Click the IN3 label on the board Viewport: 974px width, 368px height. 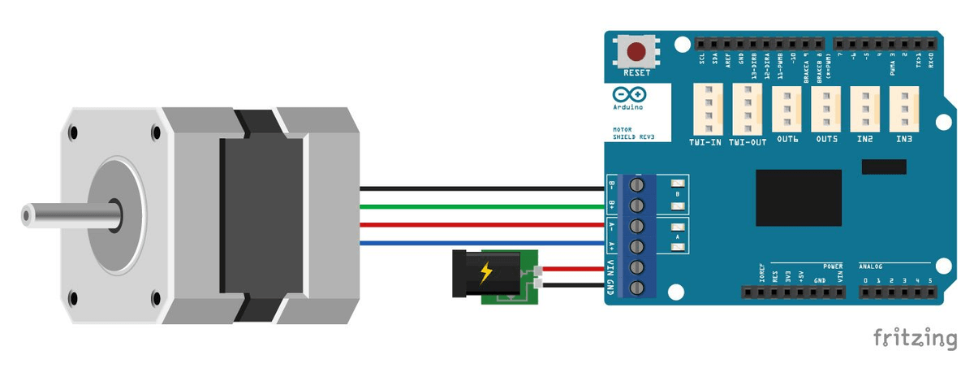click(904, 140)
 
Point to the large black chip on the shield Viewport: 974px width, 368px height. click(799, 197)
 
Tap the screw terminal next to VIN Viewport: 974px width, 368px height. click(637, 266)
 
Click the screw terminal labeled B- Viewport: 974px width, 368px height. click(637, 186)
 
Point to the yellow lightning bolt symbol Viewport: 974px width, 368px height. click(486, 272)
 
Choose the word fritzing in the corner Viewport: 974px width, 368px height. click(915, 339)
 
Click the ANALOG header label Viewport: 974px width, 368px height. click(871, 266)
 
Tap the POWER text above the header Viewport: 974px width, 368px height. click(833, 266)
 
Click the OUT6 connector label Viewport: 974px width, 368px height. click(787, 140)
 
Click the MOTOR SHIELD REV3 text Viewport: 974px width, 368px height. click(633, 133)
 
